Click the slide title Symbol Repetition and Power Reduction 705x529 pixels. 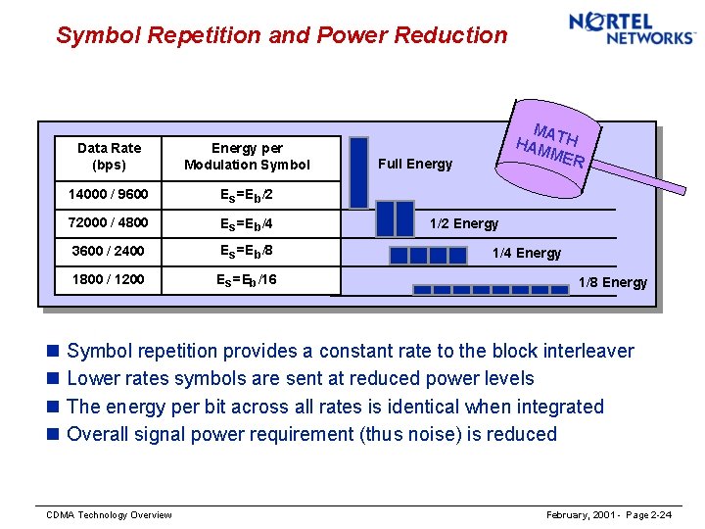pyautogui.click(x=282, y=36)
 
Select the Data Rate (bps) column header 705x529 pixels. pyautogui.click(x=109, y=156)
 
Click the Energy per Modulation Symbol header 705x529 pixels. pyautogui.click(x=247, y=156)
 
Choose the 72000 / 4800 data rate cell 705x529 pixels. pyautogui.click(x=108, y=222)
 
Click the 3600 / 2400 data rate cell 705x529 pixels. pyautogui.click(x=108, y=251)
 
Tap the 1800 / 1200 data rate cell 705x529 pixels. pyautogui.click(x=108, y=279)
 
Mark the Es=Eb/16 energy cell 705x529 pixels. pyautogui.click(x=246, y=279)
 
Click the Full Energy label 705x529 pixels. pyautogui.click(x=415, y=164)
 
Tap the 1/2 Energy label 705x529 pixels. pyautogui.click(x=461, y=223)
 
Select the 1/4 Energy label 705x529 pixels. pyautogui.click(x=526, y=253)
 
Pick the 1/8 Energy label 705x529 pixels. pyautogui.click(x=612, y=282)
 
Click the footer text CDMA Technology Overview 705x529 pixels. pyautogui.click(x=110, y=515)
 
